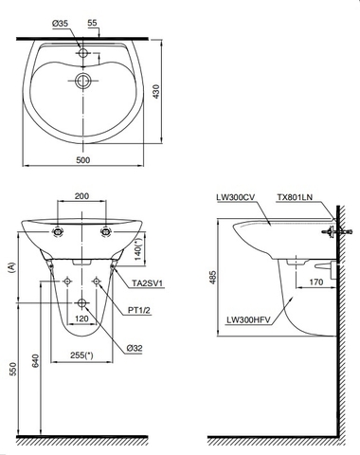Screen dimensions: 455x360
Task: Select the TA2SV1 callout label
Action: click(x=147, y=283)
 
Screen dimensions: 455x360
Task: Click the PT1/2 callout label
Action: click(x=142, y=309)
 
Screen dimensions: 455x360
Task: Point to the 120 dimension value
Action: click(x=83, y=320)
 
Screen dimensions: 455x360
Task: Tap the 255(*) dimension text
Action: click(x=82, y=355)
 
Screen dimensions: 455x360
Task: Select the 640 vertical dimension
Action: click(x=37, y=360)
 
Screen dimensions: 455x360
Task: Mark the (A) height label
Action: click(x=10, y=268)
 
